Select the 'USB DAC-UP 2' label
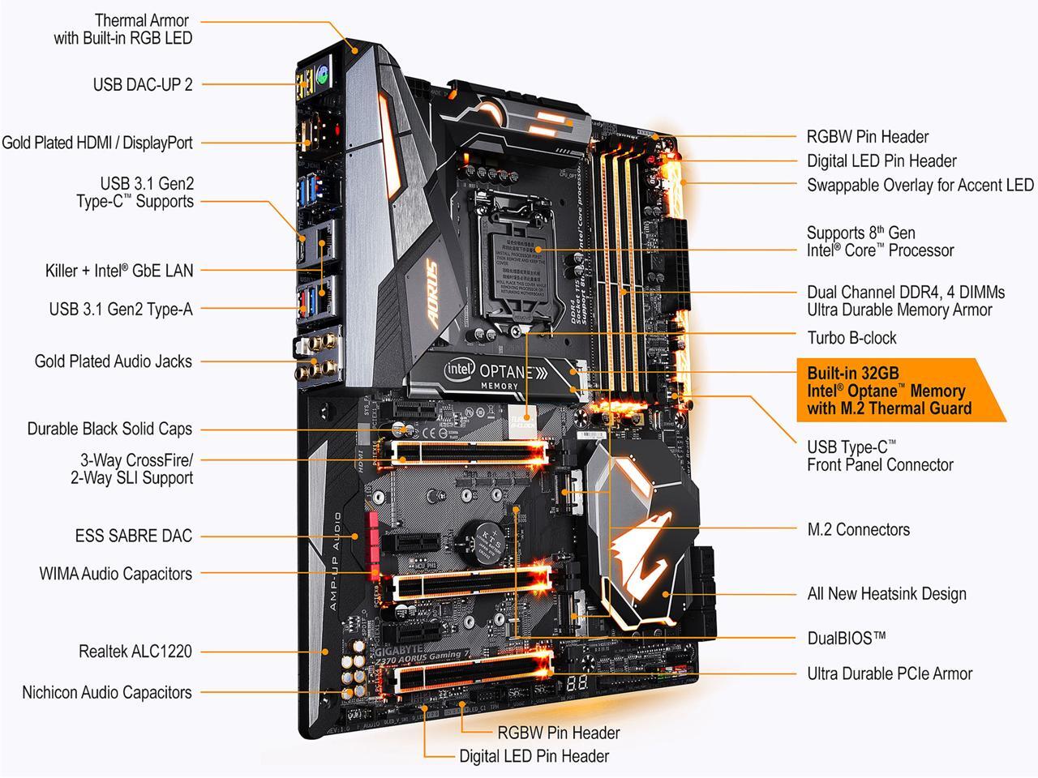click(x=143, y=84)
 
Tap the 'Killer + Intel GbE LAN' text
click(x=119, y=271)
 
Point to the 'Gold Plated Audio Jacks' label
click(x=113, y=361)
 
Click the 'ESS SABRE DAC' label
click(x=133, y=536)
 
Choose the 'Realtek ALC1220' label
click(x=135, y=651)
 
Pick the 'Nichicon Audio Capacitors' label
click(x=106, y=693)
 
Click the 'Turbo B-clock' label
click(x=851, y=338)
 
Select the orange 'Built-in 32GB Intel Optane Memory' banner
click(x=892, y=391)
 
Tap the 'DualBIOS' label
click(x=846, y=639)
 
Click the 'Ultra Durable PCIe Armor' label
click(x=889, y=673)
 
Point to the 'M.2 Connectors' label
click(x=858, y=530)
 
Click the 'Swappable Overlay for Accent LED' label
click(x=920, y=186)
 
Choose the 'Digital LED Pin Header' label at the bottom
click(x=534, y=757)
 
